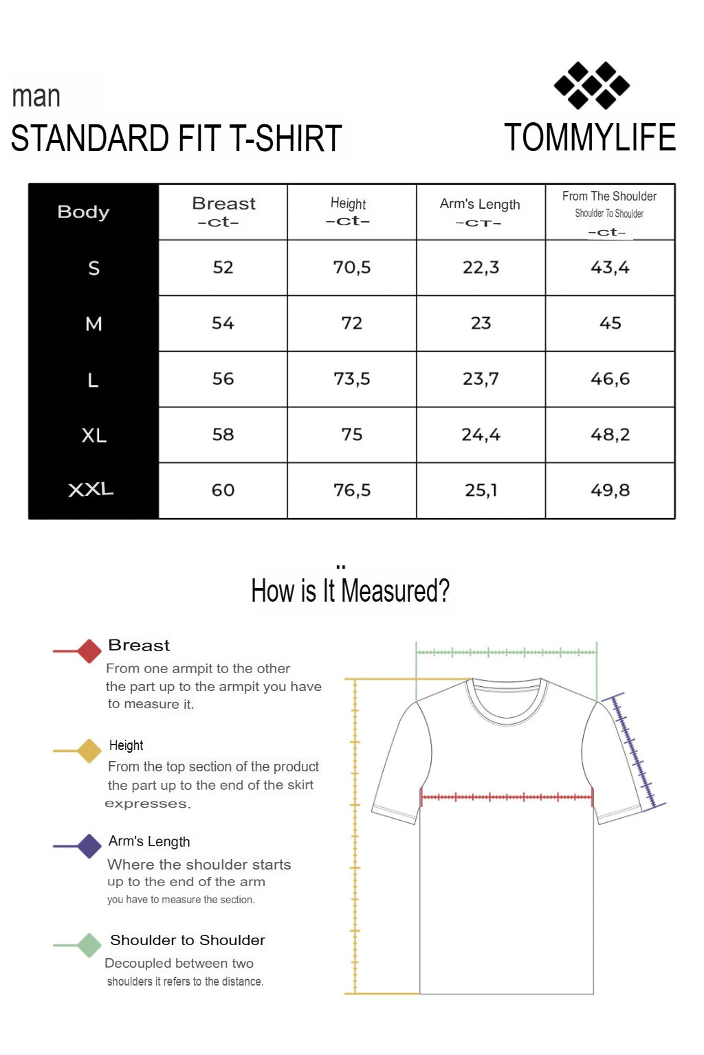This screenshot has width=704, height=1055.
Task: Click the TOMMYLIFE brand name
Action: [x=590, y=137]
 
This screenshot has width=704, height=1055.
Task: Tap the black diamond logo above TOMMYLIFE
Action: [x=592, y=86]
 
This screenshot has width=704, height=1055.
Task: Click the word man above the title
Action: [x=36, y=96]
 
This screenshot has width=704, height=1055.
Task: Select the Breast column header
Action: [x=223, y=211]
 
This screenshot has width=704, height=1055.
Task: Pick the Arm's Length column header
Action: [x=480, y=211]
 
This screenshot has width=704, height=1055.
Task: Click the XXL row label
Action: [x=91, y=490]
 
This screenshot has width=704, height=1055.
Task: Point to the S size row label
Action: [x=94, y=268]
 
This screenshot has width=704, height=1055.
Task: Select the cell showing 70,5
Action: [x=352, y=267]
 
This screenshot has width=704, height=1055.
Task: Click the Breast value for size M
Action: [x=223, y=323]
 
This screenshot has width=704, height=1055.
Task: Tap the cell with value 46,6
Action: [x=610, y=378]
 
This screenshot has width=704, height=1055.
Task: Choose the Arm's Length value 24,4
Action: [x=481, y=434]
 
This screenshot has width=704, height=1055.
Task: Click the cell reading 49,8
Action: [x=610, y=490]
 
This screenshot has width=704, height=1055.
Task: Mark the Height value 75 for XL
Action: [x=352, y=434]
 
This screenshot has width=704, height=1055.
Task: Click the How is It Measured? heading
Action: [x=350, y=591]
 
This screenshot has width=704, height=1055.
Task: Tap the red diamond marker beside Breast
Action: [x=89, y=650]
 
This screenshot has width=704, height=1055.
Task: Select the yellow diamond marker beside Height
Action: [x=89, y=751]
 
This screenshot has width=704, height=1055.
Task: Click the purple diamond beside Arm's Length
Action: [x=89, y=846]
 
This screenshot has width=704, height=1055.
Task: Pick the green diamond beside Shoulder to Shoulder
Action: [x=89, y=945]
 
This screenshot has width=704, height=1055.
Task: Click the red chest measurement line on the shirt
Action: [x=507, y=797]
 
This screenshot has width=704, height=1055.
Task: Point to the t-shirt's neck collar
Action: [x=507, y=702]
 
